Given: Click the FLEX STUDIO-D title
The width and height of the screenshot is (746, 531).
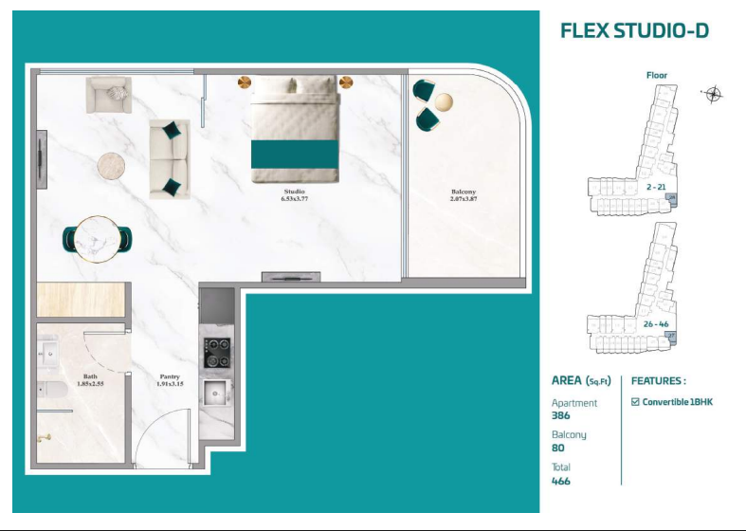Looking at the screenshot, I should (634, 30).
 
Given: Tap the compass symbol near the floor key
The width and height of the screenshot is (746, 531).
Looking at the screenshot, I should (713, 93).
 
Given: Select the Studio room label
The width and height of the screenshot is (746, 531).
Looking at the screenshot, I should (294, 192).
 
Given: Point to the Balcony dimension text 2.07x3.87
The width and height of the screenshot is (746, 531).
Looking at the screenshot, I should (463, 199).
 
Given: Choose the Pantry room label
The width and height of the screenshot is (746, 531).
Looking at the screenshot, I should (170, 376).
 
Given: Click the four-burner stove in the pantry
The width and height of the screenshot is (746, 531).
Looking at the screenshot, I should (215, 352).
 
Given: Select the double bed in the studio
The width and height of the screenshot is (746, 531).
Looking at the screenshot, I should (295, 130).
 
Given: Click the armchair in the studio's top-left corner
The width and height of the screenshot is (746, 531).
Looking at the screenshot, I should (109, 94).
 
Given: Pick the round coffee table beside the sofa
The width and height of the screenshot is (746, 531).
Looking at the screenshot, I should (112, 166).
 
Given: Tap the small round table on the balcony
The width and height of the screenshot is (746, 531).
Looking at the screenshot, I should (444, 101).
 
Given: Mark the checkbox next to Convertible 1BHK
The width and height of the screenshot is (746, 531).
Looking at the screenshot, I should (635, 402).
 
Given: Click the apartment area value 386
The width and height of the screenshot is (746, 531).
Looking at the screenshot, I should (561, 415).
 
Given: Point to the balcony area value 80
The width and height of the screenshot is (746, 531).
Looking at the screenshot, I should (558, 448).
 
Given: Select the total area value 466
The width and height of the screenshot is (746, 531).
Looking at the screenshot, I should (561, 481).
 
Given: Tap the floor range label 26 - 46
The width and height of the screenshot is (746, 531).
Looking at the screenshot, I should (656, 324).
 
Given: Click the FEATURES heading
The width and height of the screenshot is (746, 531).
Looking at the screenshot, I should (658, 380).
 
